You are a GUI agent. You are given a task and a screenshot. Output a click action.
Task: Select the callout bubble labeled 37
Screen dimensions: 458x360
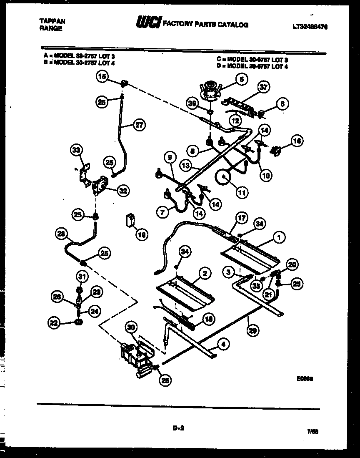(x=263, y=87)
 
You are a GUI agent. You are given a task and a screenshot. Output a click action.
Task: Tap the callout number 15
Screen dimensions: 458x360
(x=102, y=76)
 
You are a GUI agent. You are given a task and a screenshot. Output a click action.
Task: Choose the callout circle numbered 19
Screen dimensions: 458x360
(x=142, y=235)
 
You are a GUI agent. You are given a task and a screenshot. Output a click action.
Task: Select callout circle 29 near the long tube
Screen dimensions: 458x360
(x=251, y=331)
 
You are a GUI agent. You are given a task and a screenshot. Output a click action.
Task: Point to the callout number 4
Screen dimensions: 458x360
(x=224, y=345)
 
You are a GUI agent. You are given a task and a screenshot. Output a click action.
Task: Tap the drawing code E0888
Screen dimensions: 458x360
(x=305, y=379)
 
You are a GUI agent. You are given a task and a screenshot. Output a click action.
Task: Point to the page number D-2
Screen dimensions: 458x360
(x=178, y=427)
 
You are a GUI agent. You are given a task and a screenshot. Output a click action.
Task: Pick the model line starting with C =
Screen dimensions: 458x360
(x=252, y=60)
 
